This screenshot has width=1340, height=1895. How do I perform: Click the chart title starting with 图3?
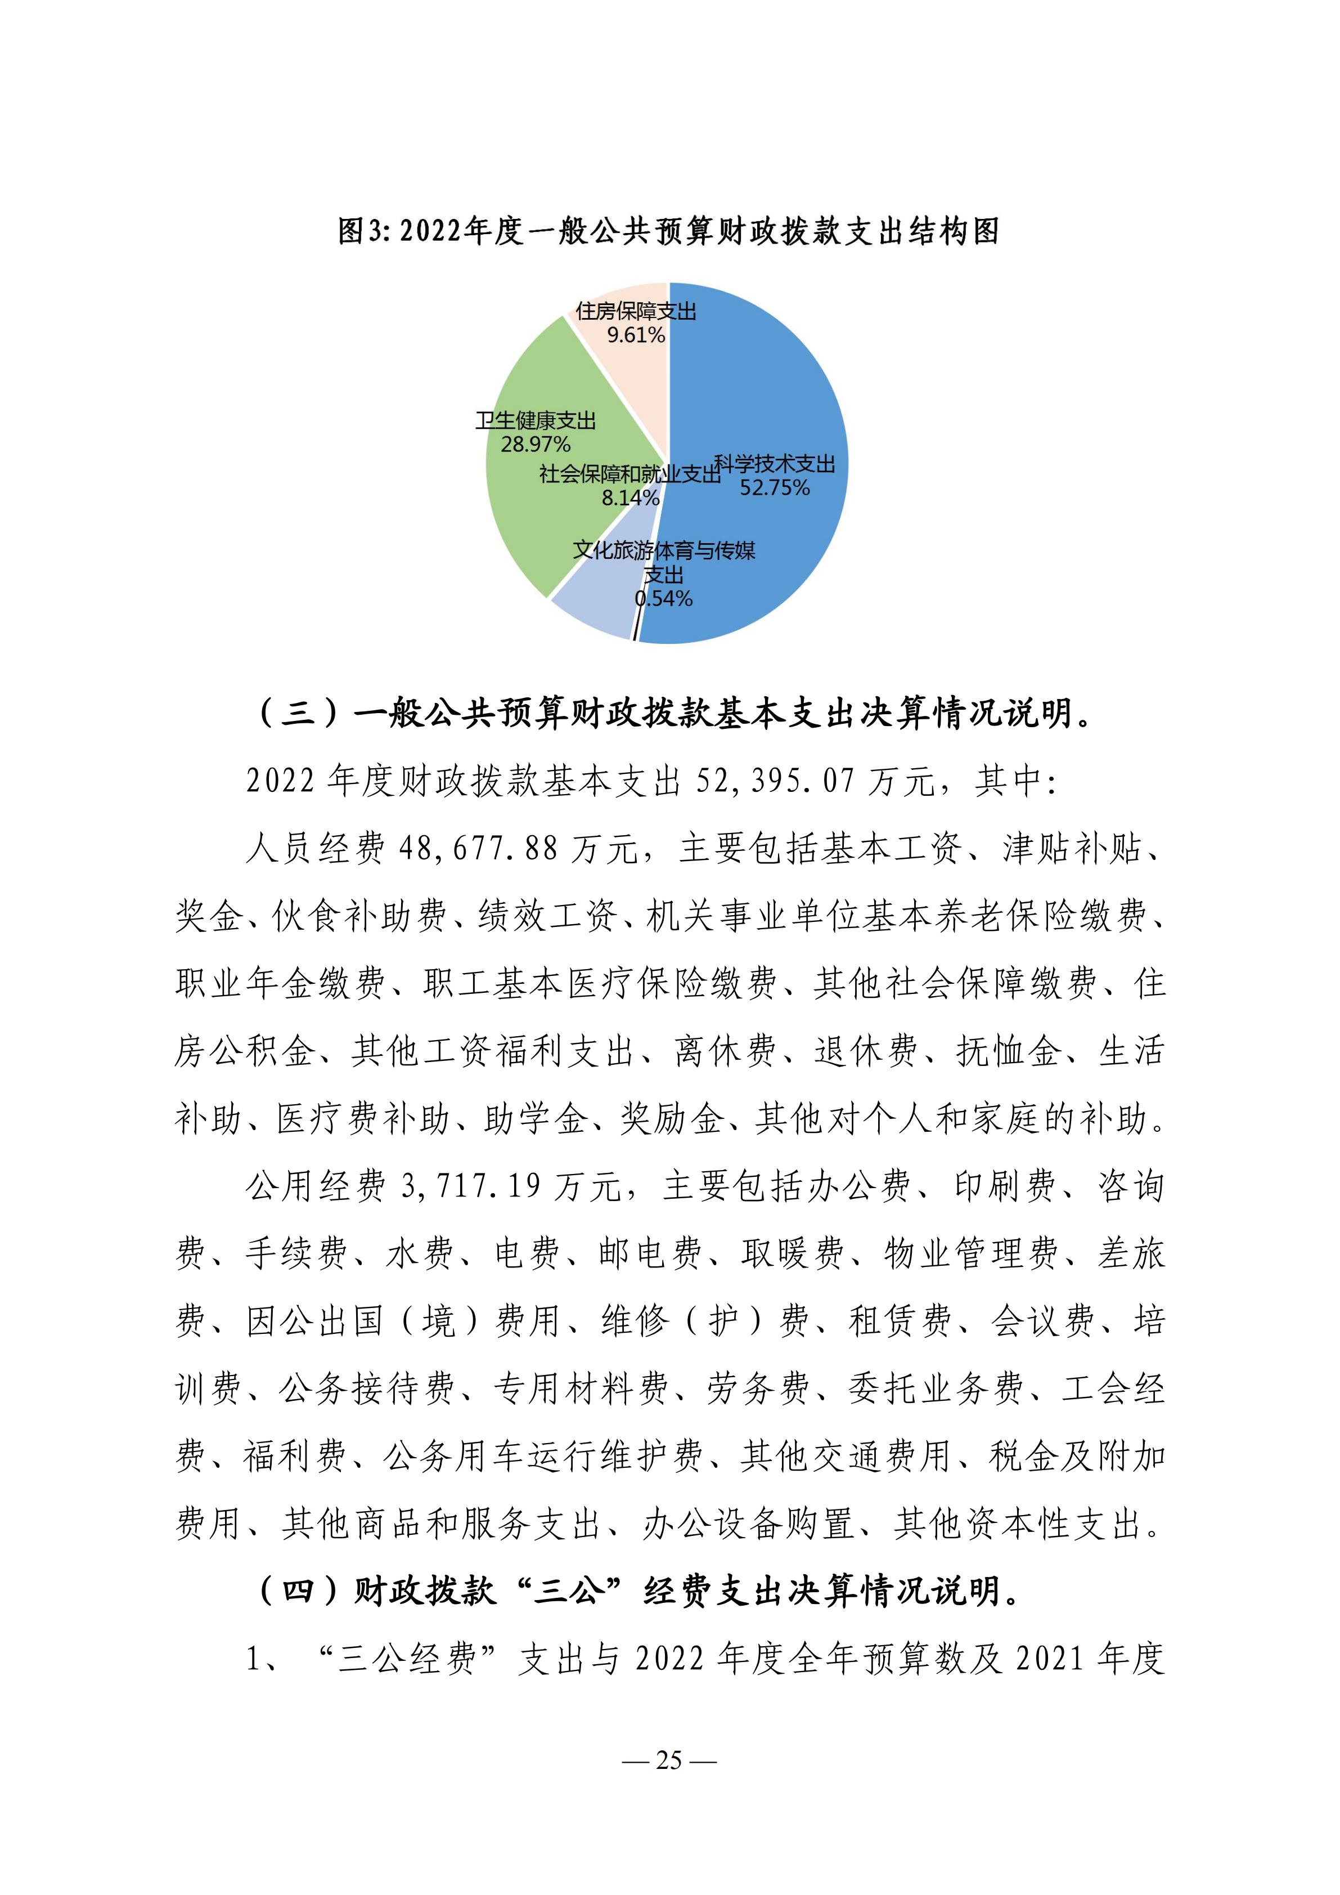(x=669, y=232)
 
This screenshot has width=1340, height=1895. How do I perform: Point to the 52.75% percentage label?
(x=774, y=488)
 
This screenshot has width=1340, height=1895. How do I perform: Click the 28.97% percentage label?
(x=536, y=445)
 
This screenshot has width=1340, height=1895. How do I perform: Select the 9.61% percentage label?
(x=636, y=335)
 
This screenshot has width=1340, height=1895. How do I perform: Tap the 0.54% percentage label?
(x=664, y=598)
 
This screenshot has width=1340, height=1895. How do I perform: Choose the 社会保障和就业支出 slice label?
(x=629, y=474)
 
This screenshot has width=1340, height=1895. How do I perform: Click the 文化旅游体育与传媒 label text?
(x=664, y=550)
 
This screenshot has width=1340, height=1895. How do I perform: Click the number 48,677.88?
(x=478, y=849)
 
